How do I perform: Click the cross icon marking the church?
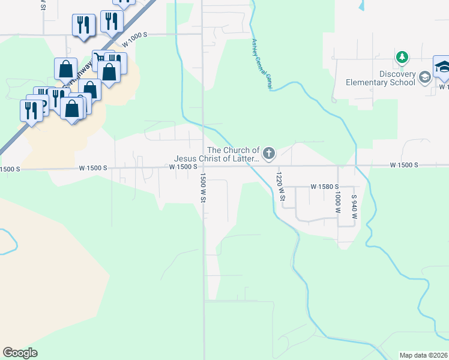[x=268, y=154]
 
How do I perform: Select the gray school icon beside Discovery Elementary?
[x=424, y=76]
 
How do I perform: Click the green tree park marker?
[x=402, y=58]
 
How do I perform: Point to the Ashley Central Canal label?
[x=261, y=65]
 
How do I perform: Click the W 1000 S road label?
[x=134, y=43]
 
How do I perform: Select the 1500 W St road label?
[x=203, y=188]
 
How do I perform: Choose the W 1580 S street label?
[x=325, y=187]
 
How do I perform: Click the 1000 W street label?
[x=337, y=204]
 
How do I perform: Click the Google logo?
[x=20, y=353]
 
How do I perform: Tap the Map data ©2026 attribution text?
[x=423, y=355]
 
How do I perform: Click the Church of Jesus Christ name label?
[x=234, y=154]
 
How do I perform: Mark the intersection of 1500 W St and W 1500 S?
[x=203, y=166]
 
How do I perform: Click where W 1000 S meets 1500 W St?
[x=203, y=34]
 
